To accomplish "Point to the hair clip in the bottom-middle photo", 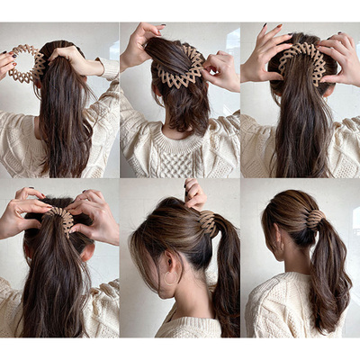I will click(x=208, y=223).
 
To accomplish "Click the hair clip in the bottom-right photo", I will click(x=316, y=218).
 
